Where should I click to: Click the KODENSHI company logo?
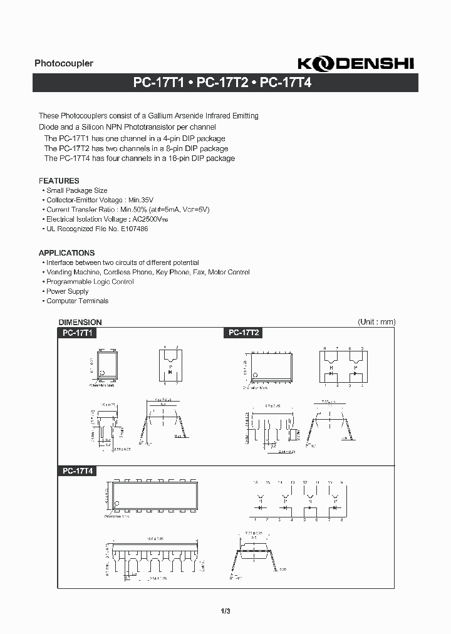355,63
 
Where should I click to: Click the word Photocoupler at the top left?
64,63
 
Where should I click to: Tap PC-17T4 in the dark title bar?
285,82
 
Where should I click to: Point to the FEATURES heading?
59,180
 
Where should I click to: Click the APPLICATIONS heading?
66,253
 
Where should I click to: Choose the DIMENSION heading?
80,322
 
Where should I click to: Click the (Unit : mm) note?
376,322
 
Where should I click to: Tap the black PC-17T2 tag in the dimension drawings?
243,333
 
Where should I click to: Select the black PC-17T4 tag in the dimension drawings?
78,470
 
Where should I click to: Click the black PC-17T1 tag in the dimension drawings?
78,333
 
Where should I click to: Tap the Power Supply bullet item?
68,291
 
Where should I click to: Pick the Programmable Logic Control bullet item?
90,282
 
